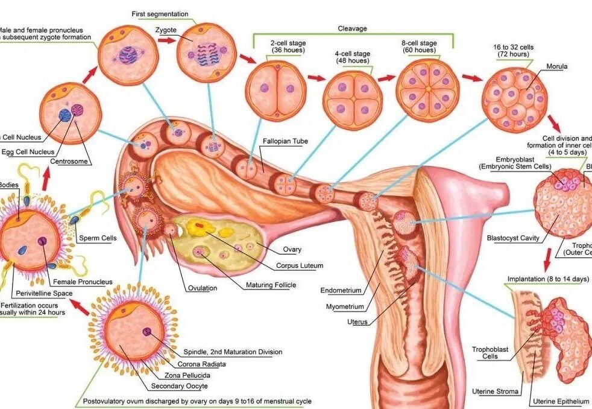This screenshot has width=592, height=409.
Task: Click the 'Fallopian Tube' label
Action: pyautogui.click(x=285, y=141)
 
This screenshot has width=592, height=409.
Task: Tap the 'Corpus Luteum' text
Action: pyautogui.click(x=300, y=265)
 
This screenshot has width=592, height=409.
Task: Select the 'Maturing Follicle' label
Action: pyautogui.click(x=271, y=285)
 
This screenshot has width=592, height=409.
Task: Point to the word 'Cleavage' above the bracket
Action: pyautogui.click(x=352, y=28)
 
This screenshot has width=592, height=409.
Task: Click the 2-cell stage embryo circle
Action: pyautogui.click(x=276, y=91)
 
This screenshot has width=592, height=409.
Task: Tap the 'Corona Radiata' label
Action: pyautogui.click(x=202, y=364)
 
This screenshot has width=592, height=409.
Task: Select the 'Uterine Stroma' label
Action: pyautogui.click(x=494, y=392)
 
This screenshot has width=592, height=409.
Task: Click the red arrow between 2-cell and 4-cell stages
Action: pyautogui.click(x=316, y=78)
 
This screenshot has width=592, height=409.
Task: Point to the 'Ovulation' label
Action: pyautogui.click(x=202, y=288)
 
